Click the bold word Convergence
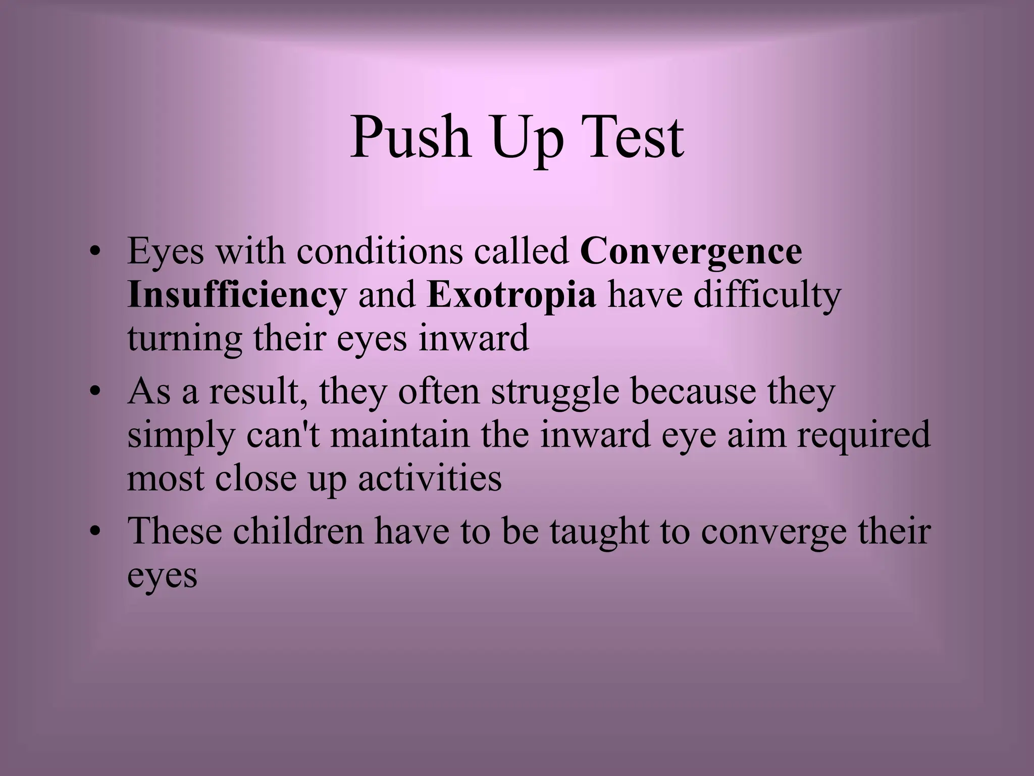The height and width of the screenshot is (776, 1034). pos(691,252)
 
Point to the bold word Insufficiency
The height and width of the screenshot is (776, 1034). pos(237,296)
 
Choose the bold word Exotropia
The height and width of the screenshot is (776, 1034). pos(511,296)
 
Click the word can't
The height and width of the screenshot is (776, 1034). pos(283,435)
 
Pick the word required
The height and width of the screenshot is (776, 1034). pos(863,436)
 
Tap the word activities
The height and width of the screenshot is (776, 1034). pos(430,478)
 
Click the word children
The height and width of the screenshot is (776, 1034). pos(298,531)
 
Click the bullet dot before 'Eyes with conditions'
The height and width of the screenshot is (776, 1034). pos(93,252)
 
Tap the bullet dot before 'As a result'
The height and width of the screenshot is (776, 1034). pos(93,392)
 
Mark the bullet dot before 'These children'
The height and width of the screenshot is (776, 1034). pos(93,532)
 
